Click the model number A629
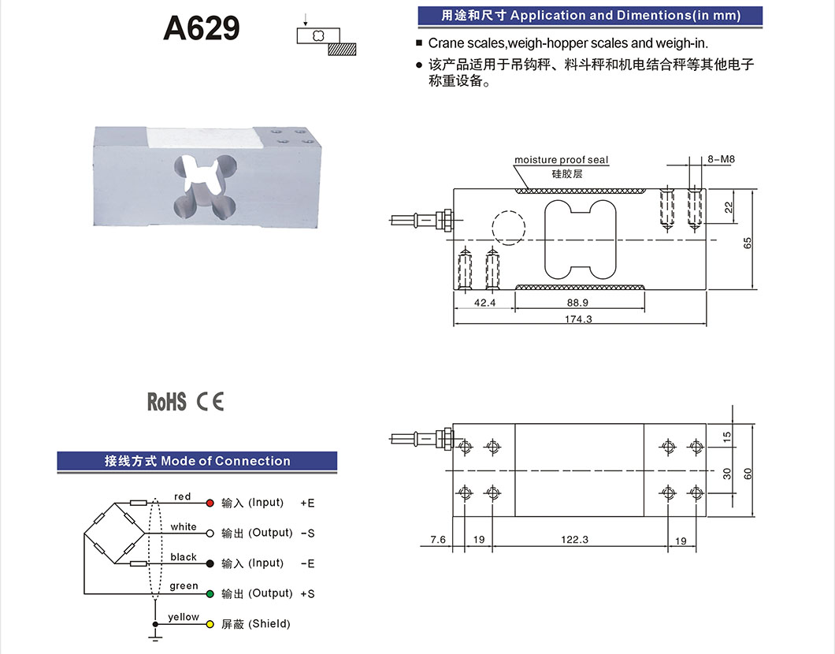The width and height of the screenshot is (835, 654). pyautogui.click(x=201, y=29)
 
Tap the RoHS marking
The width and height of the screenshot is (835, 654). pyautogui.click(x=166, y=402)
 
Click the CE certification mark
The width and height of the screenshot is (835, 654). pyautogui.click(x=210, y=402)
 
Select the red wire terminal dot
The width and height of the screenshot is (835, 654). pyautogui.click(x=210, y=503)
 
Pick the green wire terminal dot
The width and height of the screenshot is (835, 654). pyautogui.click(x=210, y=593)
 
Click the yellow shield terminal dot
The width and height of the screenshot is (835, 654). pyautogui.click(x=210, y=624)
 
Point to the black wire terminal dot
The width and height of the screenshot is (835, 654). pyautogui.click(x=210, y=563)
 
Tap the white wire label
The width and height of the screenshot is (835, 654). pyautogui.click(x=184, y=526)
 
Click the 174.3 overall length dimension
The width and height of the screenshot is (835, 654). pyautogui.click(x=579, y=318)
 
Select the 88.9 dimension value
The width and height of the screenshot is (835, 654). pyautogui.click(x=577, y=303)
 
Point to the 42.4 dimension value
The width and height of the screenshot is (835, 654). pyautogui.click(x=484, y=303)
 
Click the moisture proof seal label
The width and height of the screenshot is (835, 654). pyautogui.click(x=561, y=160)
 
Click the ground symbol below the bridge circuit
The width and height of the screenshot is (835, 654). pyautogui.click(x=155, y=631)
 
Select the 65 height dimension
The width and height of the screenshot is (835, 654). pyautogui.click(x=748, y=243)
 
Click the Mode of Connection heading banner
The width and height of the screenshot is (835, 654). pyautogui.click(x=197, y=461)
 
